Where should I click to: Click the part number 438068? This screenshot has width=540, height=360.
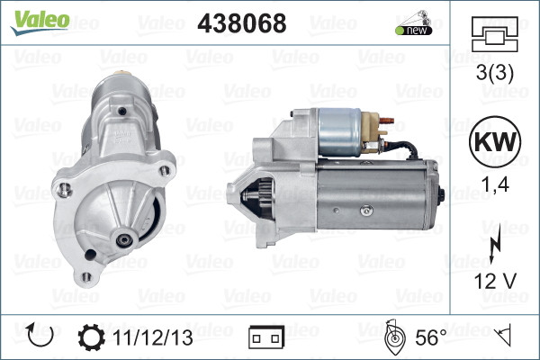241,23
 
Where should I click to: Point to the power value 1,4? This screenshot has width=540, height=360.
494,187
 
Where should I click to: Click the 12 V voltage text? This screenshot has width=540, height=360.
494,280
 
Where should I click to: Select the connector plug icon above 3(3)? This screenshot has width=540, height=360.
494,38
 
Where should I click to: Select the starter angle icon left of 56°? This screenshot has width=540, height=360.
393,337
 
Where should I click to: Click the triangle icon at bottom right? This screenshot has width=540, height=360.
505,337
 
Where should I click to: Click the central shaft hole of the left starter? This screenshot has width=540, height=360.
122,239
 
